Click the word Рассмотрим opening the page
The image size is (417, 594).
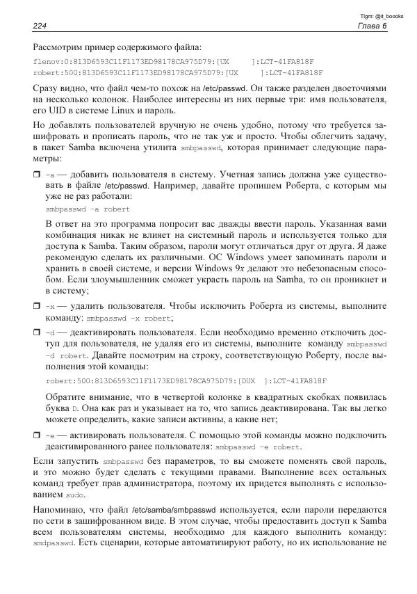60,47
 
